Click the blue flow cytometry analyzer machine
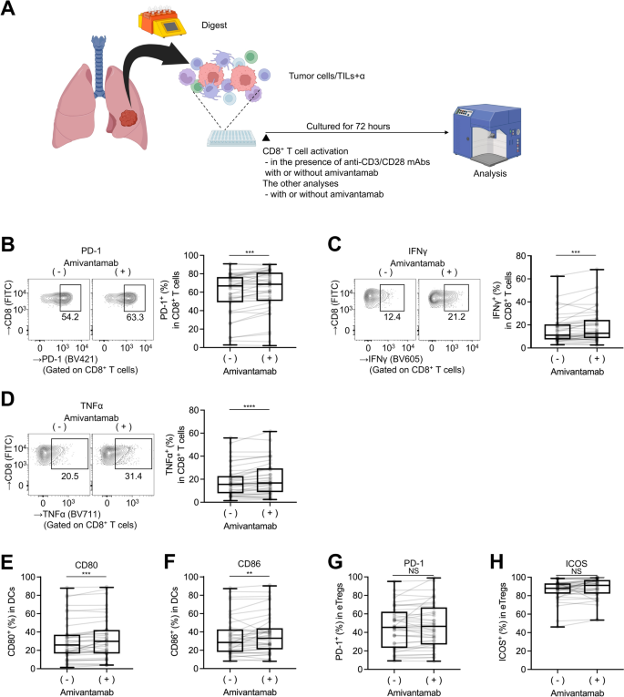(x=492, y=138)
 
